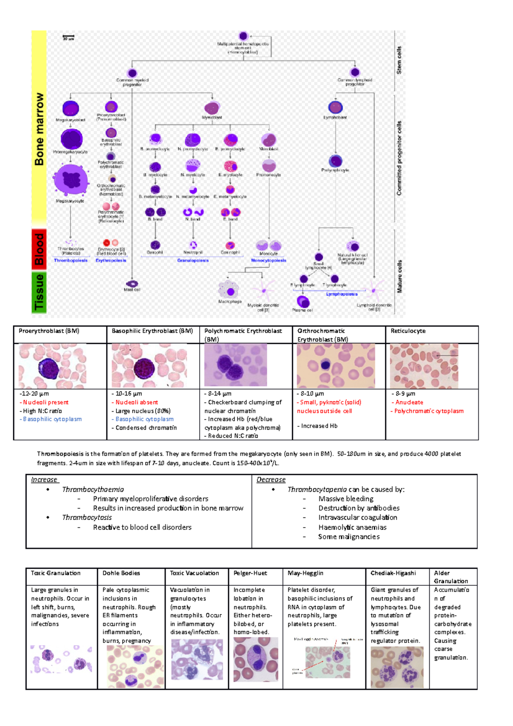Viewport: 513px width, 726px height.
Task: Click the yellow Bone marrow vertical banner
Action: click(x=39, y=128)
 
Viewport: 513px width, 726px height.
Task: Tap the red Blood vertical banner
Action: click(x=39, y=249)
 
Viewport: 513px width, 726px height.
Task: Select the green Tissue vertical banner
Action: click(x=39, y=292)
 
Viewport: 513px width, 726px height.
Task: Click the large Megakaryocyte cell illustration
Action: click(x=71, y=180)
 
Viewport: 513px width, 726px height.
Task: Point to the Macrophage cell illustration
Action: click(x=229, y=290)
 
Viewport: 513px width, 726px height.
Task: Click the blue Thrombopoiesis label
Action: click(x=71, y=260)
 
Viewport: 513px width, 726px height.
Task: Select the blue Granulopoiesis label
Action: click(x=193, y=260)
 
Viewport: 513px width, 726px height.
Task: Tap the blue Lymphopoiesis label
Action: click(x=342, y=294)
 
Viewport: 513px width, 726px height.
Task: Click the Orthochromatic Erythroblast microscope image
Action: click(x=336, y=366)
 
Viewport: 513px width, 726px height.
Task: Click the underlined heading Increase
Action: click(x=44, y=480)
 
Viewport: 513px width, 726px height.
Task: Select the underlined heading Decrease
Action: click(x=271, y=480)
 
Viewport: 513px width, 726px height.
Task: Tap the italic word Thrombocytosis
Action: click(x=87, y=517)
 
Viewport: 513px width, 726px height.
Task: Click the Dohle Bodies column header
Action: click(x=121, y=573)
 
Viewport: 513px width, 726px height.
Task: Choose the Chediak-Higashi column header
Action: click(x=393, y=573)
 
